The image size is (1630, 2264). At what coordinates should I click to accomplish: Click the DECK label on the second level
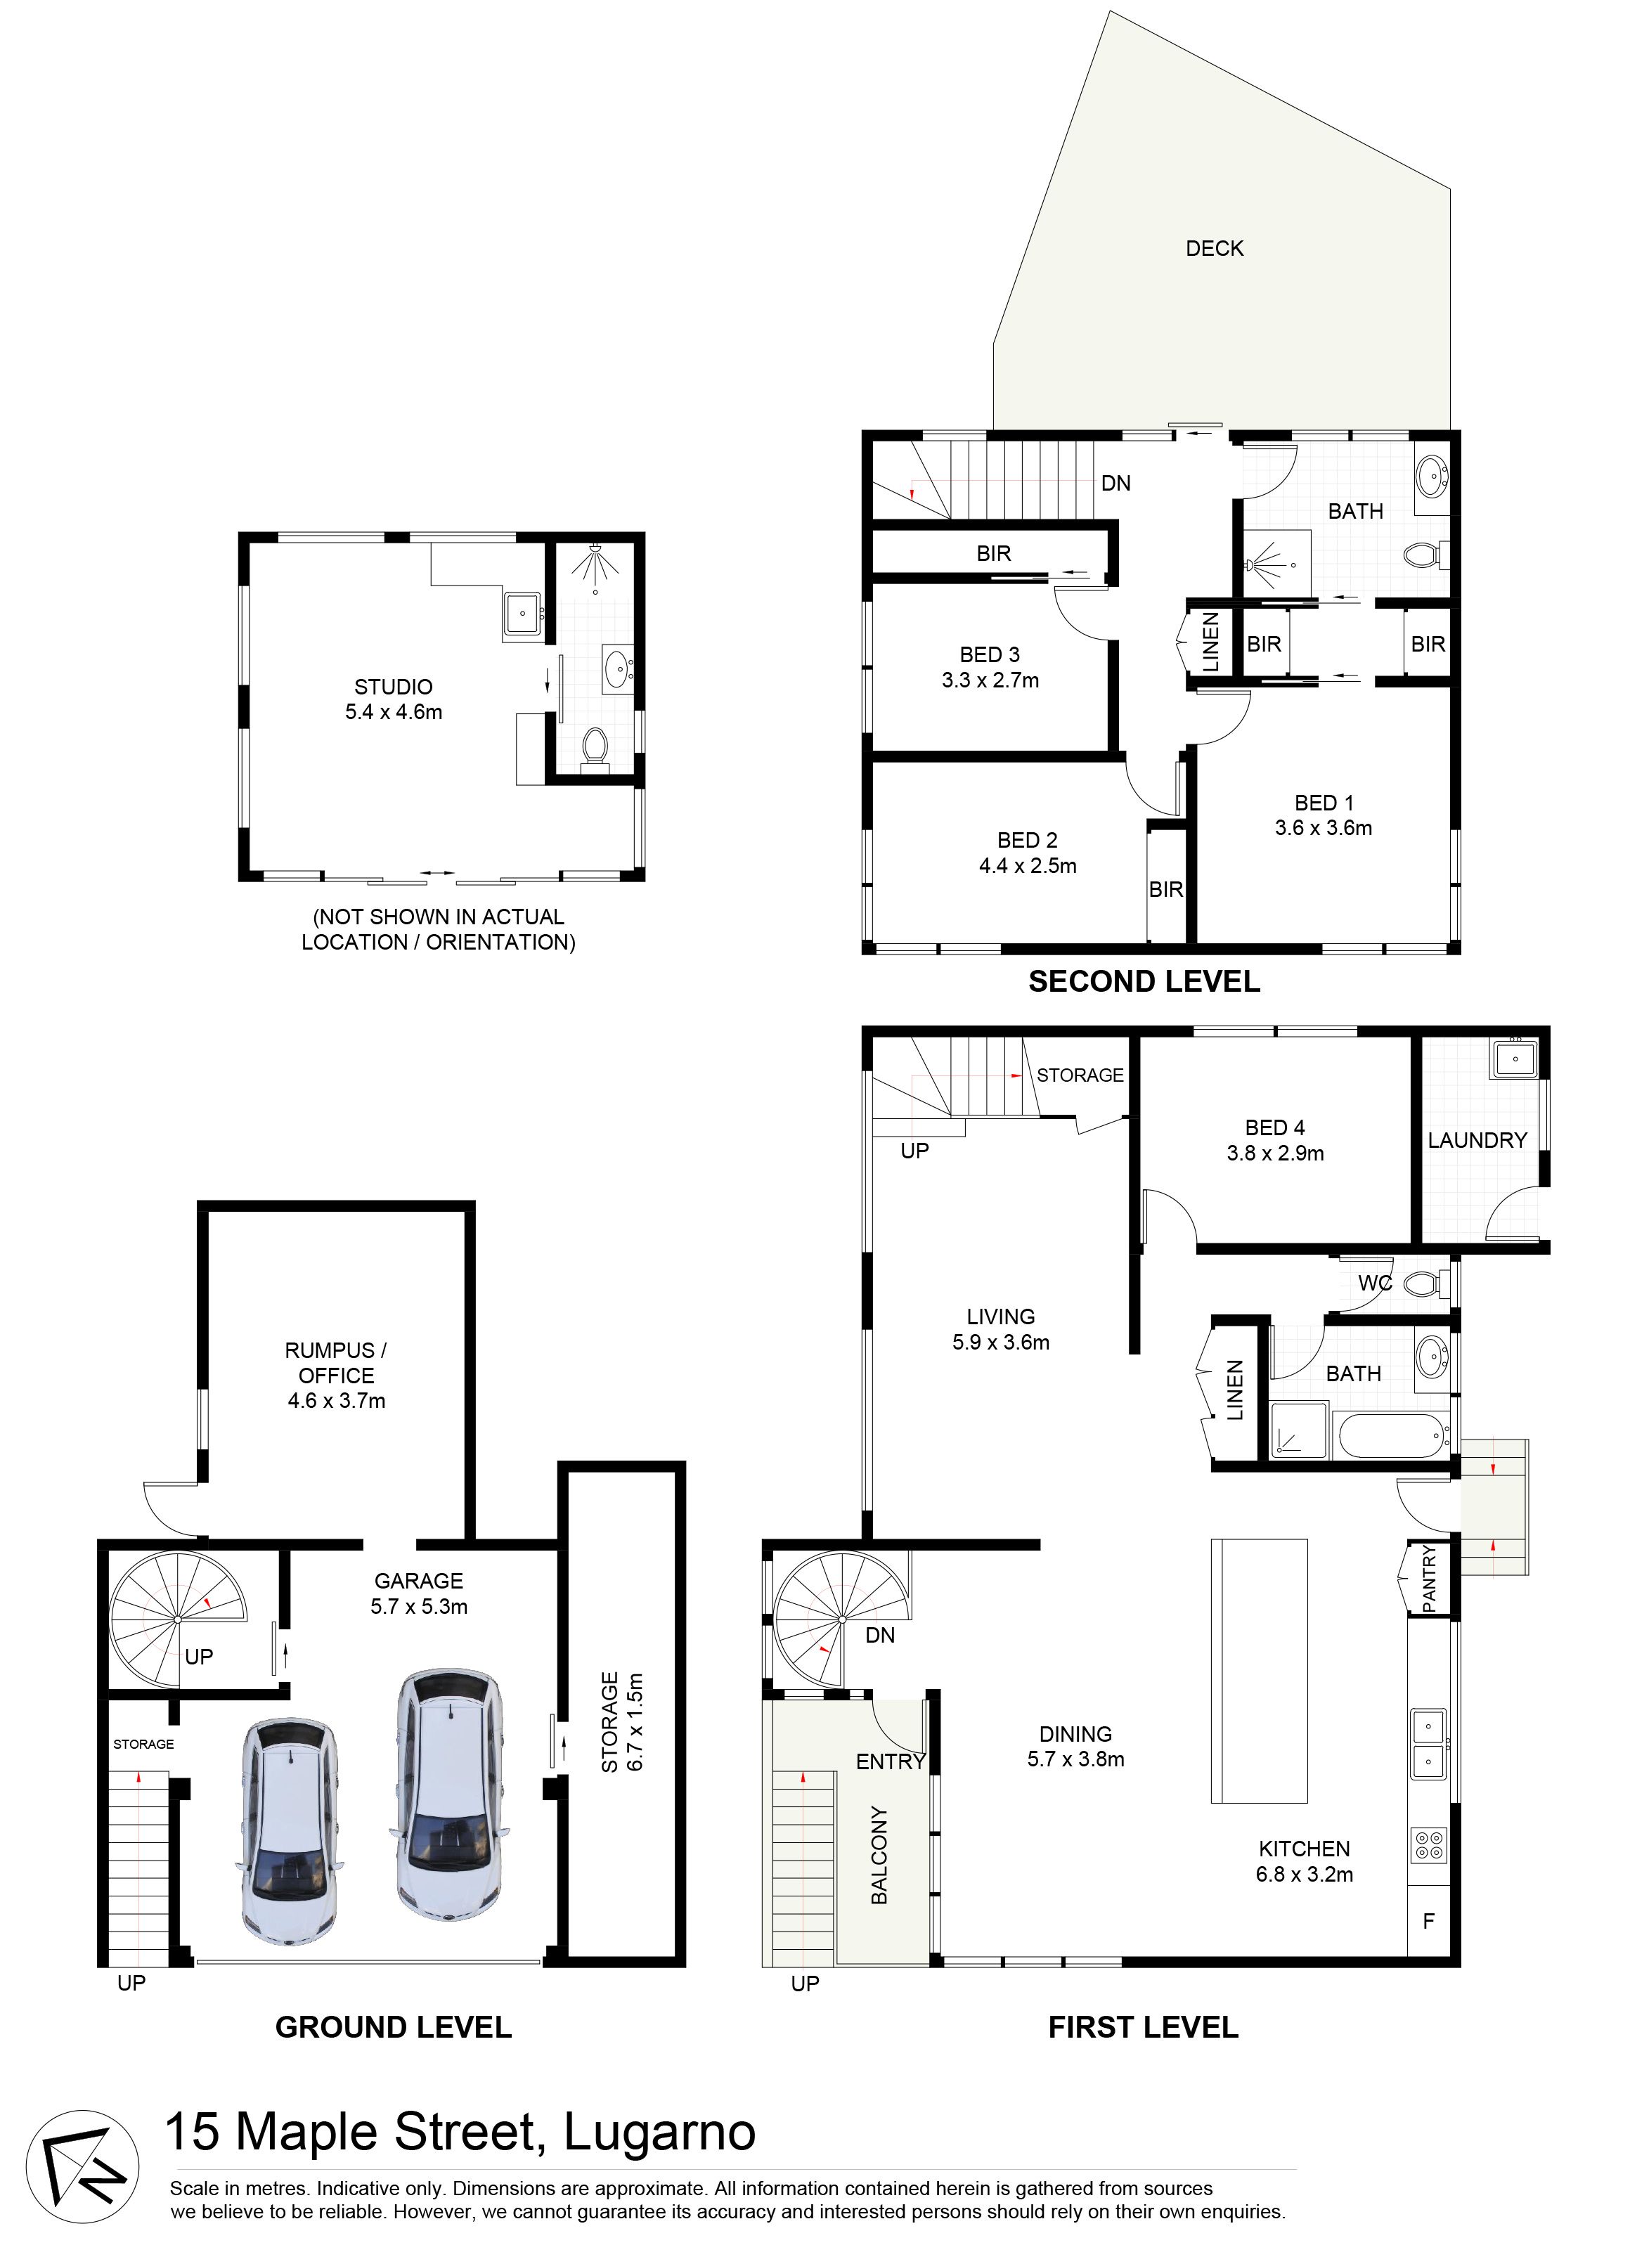tap(1214, 249)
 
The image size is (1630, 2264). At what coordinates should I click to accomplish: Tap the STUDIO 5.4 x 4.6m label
tap(394, 699)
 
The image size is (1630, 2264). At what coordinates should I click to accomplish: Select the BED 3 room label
tap(989, 655)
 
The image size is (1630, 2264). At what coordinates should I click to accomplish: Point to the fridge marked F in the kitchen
tap(1428, 1920)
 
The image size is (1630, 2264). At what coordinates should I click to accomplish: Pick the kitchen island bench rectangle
tap(1259, 1671)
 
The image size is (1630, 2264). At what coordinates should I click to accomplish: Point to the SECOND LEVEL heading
tap(1144, 981)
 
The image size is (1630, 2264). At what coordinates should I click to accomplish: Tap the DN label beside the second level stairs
tap(1116, 483)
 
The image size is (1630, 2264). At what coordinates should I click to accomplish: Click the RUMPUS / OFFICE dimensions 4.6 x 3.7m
tap(337, 1401)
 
